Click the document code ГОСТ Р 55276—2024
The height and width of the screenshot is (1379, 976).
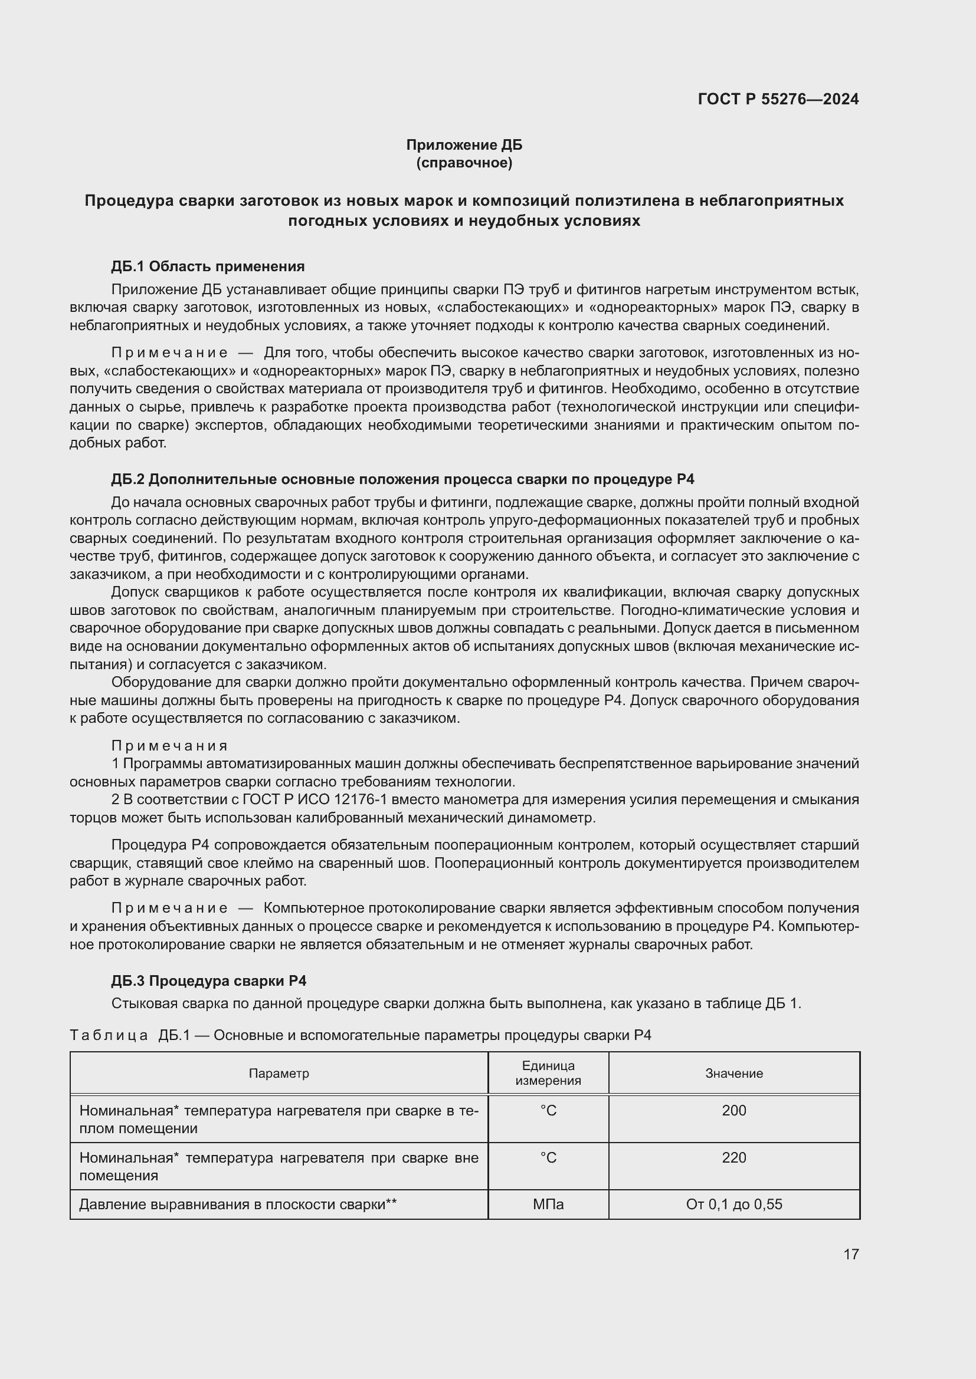coord(778,99)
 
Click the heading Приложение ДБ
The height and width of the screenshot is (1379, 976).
coord(464,145)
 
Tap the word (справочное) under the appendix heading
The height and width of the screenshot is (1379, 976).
coord(464,163)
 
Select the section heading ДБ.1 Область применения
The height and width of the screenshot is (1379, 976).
coord(208,266)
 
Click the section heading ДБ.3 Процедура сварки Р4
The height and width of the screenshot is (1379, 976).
coord(208,980)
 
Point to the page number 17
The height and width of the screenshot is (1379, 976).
coord(850,1254)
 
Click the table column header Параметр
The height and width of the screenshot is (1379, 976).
coord(279,1072)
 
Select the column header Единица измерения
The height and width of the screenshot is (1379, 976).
coord(548,1072)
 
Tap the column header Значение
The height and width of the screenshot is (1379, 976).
coord(734,1072)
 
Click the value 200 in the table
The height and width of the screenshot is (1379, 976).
coord(734,1110)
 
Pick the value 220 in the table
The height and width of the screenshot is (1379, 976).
coord(734,1157)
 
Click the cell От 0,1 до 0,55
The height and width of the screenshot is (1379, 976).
coord(734,1204)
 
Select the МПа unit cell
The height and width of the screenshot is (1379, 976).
coord(548,1204)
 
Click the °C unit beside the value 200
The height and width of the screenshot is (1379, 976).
coord(548,1111)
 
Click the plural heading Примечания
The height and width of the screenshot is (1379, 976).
coord(169,745)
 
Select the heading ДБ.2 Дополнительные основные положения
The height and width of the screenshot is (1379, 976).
coord(402,479)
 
